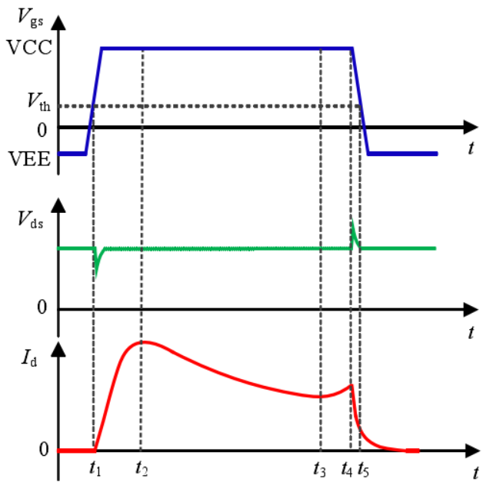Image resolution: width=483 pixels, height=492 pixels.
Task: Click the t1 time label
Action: pyautogui.click(x=95, y=468)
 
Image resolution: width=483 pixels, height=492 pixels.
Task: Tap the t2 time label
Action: pyautogui.click(x=142, y=468)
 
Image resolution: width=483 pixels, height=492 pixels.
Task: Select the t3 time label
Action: pyautogui.click(x=320, y=468)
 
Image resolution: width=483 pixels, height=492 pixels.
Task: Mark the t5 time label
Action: pyautogui.click(x=364, y=468)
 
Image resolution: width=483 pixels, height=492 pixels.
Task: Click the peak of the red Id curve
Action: pyautogui.click(x=142, y=341)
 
